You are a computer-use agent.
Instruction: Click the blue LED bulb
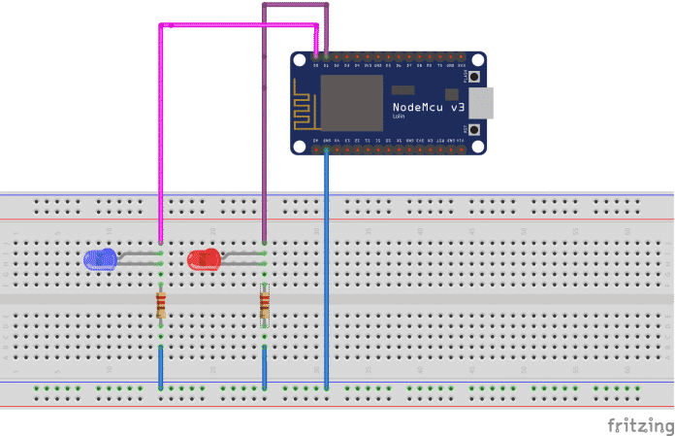point(99,258)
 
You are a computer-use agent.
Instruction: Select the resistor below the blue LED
point(161,305)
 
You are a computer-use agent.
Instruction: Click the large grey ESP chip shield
point(350,101)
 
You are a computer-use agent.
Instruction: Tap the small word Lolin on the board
point(399,117)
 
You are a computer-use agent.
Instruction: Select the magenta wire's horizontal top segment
point(238,24)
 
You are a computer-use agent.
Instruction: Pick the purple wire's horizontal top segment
point(295,5)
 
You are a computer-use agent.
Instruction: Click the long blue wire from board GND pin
point(327,272)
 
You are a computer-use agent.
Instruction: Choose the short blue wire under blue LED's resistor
point(161,366)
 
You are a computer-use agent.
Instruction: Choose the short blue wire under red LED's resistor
point(265,366)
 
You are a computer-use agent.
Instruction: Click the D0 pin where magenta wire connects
point(316,57)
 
